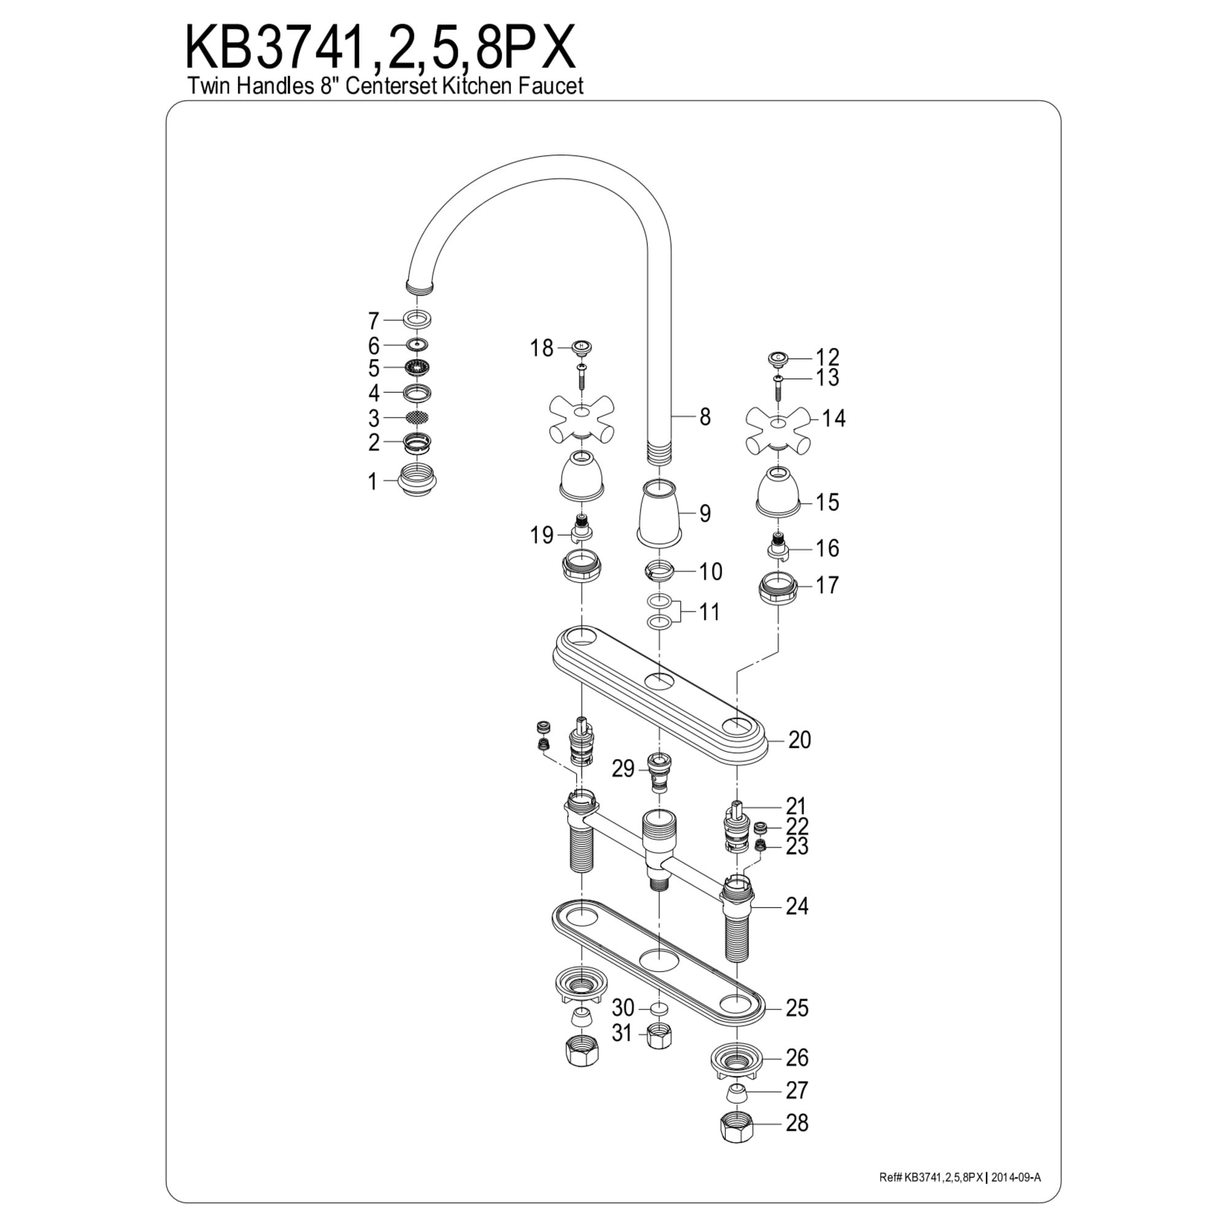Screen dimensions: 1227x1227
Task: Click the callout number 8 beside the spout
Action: [705, 417]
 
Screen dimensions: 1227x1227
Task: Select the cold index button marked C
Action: [779, 358]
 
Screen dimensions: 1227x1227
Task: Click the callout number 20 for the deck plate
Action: [799, 740]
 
